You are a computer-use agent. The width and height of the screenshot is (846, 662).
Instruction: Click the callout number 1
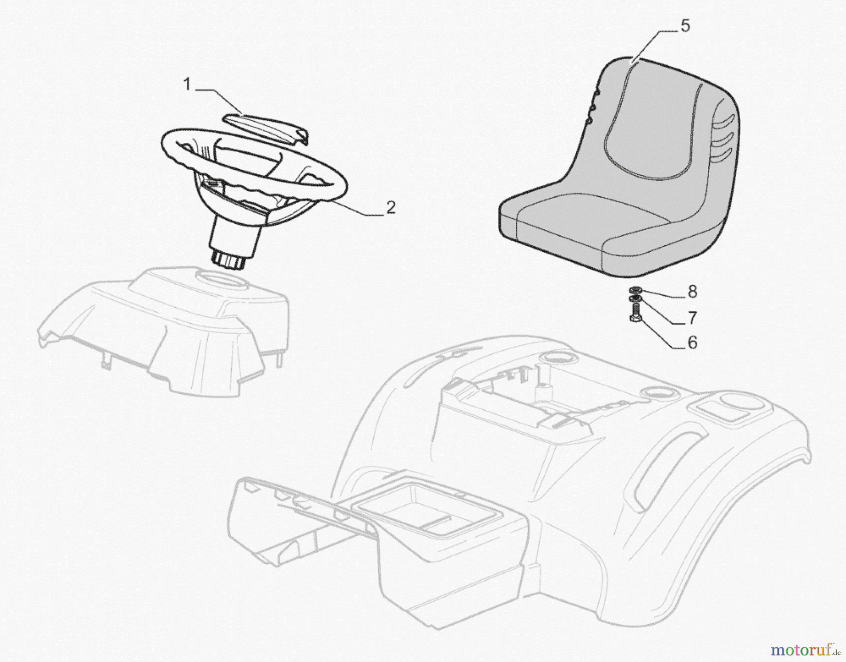point(187,85)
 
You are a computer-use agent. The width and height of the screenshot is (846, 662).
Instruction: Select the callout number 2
point(391,207)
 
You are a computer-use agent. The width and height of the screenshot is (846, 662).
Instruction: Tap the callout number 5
point(685,26)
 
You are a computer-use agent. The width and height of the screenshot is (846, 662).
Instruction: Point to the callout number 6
point(692,343)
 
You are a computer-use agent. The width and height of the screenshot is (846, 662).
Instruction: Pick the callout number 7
point(692,318)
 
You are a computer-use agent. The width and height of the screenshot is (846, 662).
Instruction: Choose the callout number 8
point(692,292)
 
